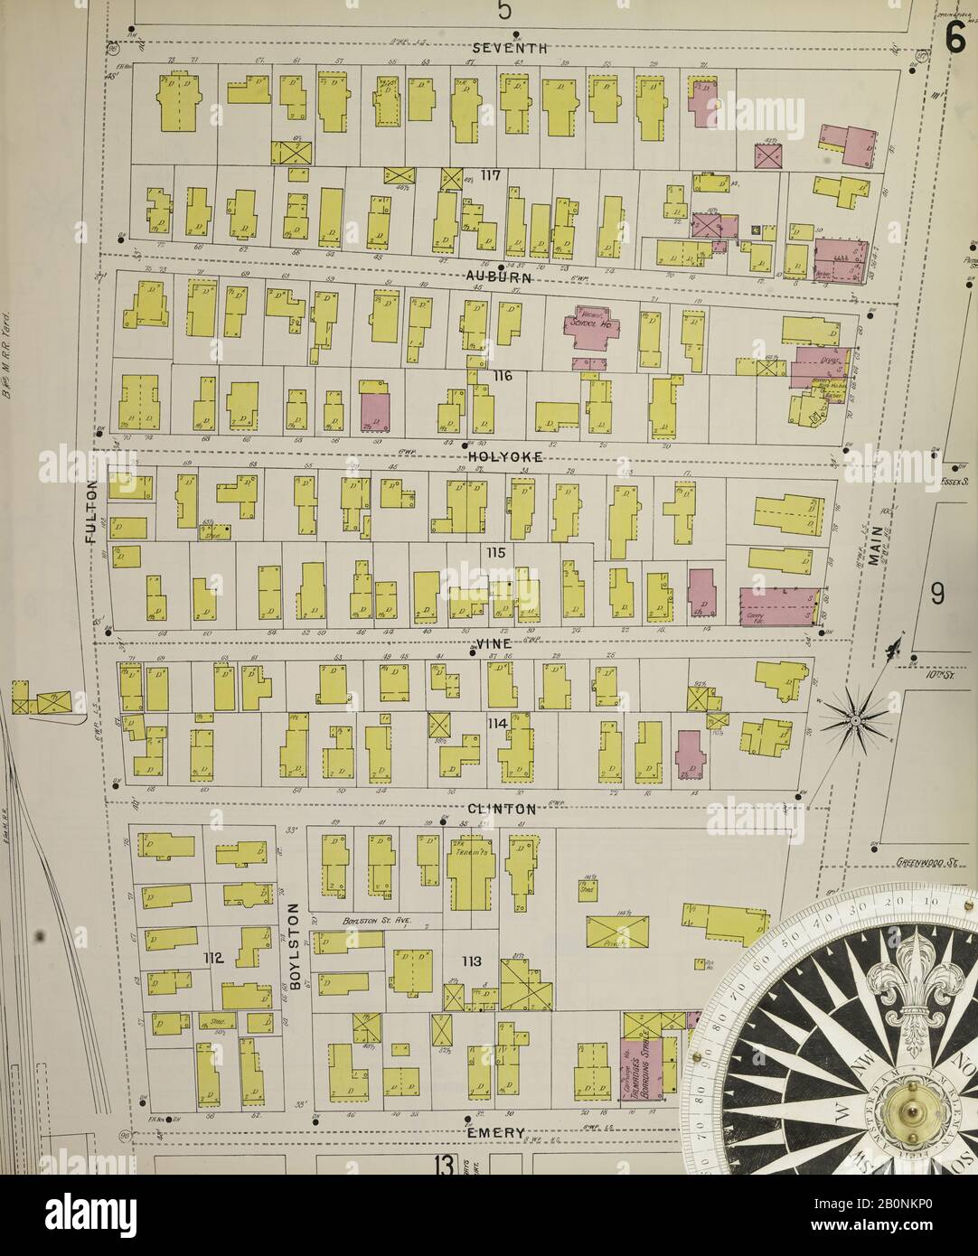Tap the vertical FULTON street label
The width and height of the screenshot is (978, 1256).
click(x=90, y=511)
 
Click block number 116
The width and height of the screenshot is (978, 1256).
click(x=502, y=375)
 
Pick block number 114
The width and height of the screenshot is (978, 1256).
click(x=495, y=724)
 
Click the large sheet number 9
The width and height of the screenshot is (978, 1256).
click(x=936, y=595)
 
